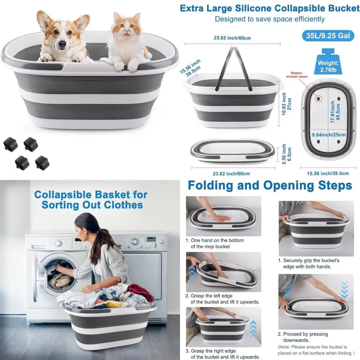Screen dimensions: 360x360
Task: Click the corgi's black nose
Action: coord(62,44)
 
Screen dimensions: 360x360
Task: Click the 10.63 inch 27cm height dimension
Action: coord(287,104)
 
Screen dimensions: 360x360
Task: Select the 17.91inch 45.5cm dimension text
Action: coord(335,112)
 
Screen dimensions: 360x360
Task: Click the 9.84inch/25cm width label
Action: coord(328,135)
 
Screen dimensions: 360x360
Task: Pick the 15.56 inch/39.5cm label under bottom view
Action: coord(328,173)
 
